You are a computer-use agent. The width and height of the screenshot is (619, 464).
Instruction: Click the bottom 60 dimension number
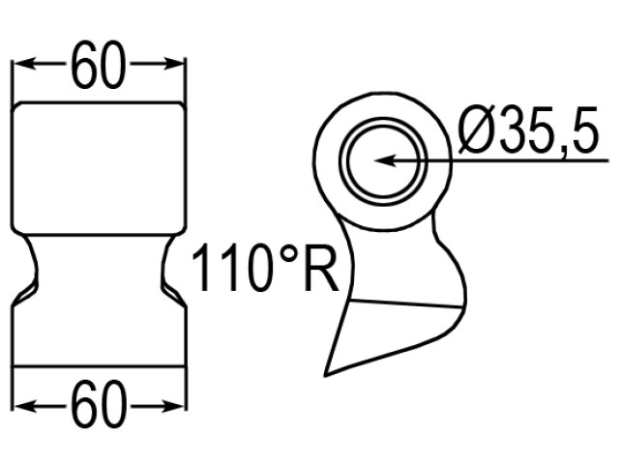[98, 407]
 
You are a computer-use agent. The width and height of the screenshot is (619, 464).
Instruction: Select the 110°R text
[263, 270]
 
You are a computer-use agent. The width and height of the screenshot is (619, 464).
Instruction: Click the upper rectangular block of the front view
[98, 164]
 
